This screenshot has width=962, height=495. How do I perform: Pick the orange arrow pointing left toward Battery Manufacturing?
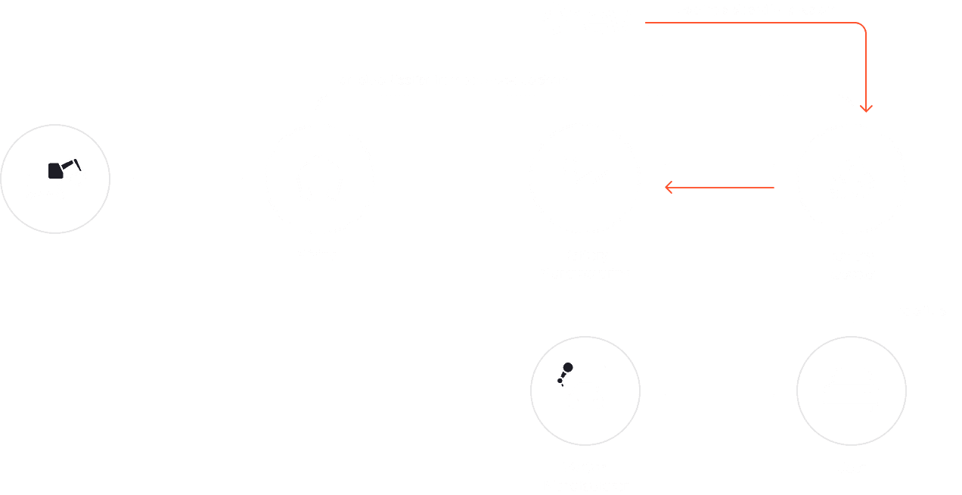tap(718, 187)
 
